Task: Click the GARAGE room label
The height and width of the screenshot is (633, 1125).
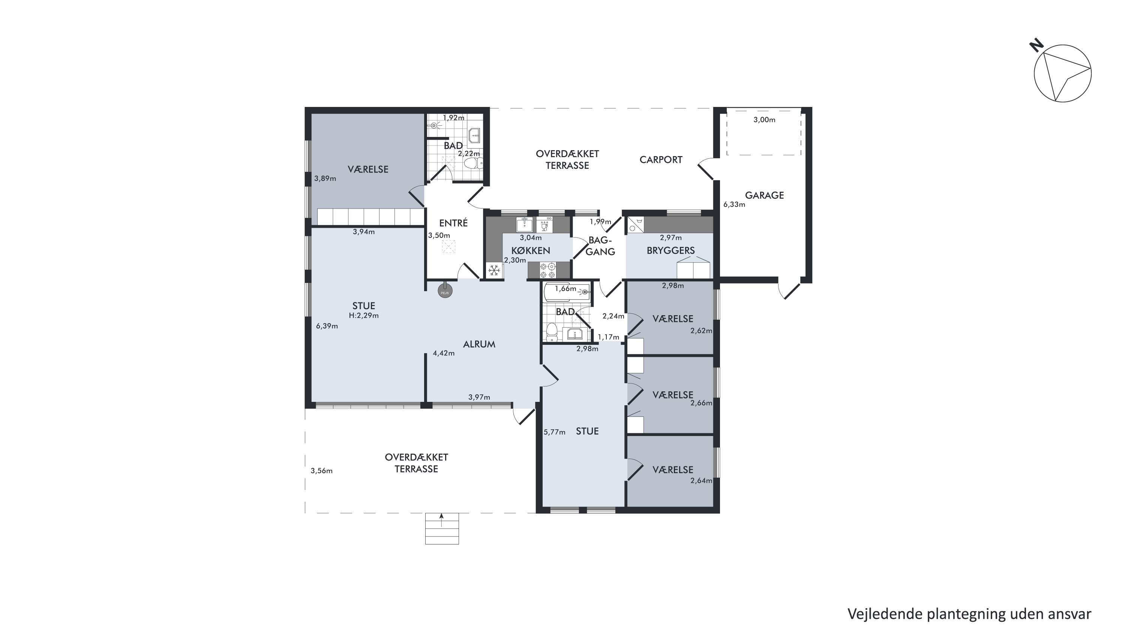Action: pos(764,195)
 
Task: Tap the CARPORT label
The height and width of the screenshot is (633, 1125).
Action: pos(661,160)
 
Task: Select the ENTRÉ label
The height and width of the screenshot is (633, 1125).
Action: pos(453,223)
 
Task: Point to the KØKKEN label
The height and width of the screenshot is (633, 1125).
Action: pos(531,251)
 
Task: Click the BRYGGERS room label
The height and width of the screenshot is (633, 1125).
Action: pos(670,250)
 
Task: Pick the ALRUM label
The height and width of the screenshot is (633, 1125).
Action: pos(479,344)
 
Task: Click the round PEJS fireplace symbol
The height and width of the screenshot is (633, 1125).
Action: pos(445,291)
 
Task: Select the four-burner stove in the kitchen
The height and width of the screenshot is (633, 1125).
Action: pos(547,270)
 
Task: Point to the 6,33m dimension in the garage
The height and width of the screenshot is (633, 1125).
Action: pos(734,204)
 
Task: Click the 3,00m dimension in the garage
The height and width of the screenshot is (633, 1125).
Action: pos(764,120)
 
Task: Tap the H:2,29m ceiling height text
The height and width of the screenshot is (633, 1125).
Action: pos(364,316)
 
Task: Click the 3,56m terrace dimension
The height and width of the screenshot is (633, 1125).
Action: pos(321,471)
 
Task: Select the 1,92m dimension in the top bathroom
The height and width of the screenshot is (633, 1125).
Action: pos(454,117)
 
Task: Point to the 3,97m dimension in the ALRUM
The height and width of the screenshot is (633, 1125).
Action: pos(479,397)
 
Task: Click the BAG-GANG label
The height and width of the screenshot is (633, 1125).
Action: pos(600,245)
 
